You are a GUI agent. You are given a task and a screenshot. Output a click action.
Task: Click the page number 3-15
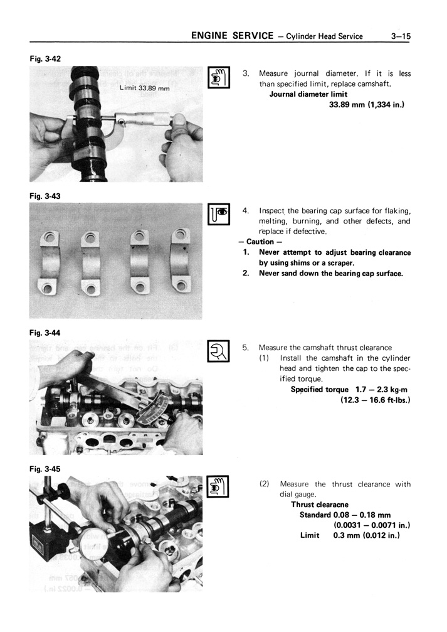(x=399, y=36)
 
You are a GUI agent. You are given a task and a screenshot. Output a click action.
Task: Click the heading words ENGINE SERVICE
(x=232, y=36)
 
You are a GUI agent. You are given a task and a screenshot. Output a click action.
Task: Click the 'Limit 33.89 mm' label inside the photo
(x=144, y=88)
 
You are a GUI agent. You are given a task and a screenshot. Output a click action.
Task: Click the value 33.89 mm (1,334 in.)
(x=366, y=105)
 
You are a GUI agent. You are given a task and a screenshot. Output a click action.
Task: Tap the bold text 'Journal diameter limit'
(x=308, y=94)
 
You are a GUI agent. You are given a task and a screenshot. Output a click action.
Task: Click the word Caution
(x=260, y=242)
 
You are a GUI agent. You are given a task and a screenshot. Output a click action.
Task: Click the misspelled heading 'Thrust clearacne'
(x=320, y=504)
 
